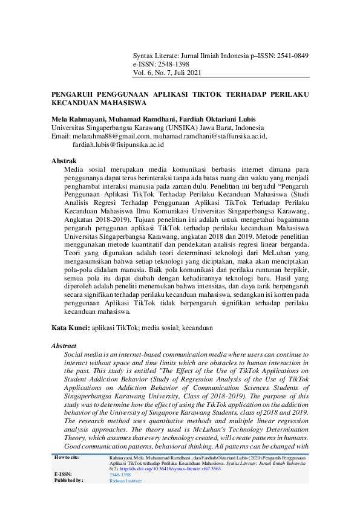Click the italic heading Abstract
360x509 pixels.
tap(64, 346)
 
